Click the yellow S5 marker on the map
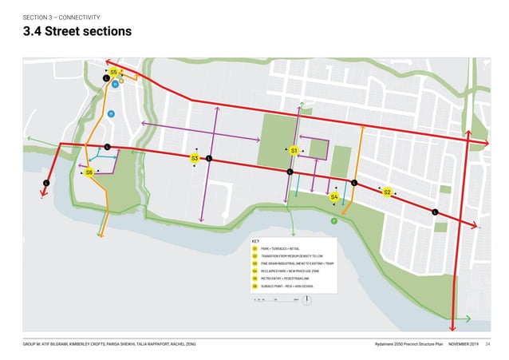(114, 73)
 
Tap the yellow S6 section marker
(89, 172)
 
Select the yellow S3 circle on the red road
(194, 159)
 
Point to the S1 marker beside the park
(294, 150)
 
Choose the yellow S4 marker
(334, 196)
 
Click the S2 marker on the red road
(387, 192)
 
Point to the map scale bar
(275, 300)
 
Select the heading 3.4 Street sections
(77, 32)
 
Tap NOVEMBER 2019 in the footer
(464, 343)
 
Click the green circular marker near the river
(334, 221)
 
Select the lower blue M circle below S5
(111, 113)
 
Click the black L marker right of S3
(208, 159)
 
